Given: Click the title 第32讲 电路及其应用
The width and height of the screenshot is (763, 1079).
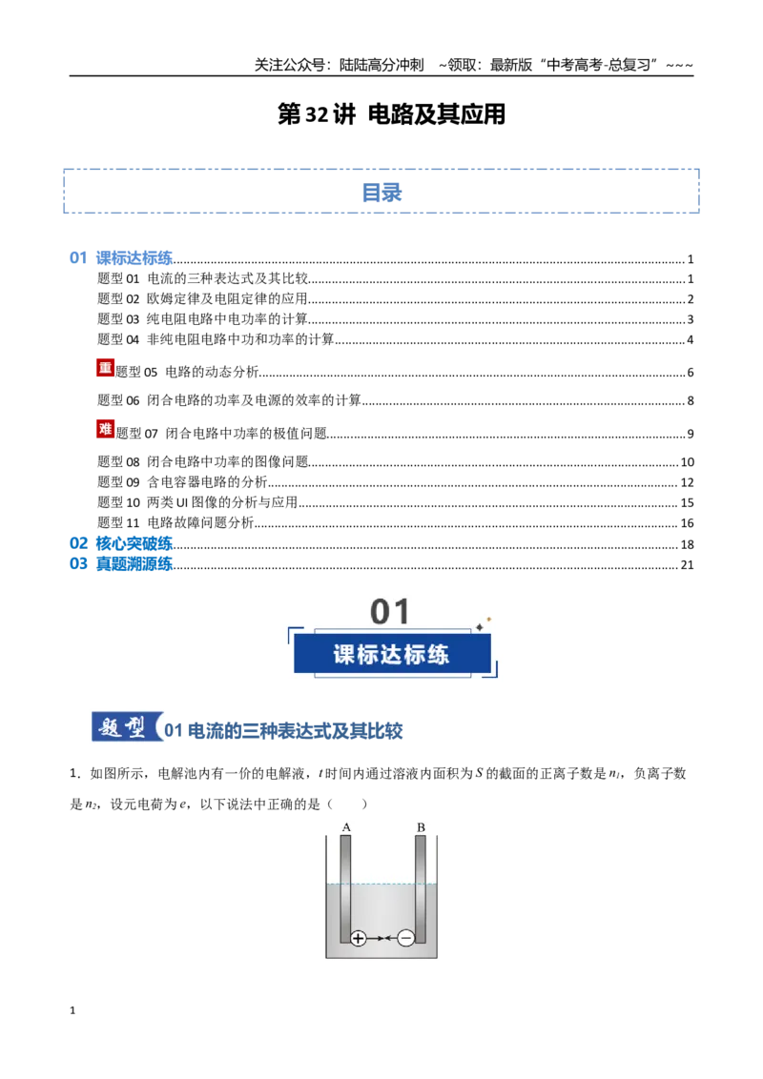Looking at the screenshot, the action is [x=391, y=114].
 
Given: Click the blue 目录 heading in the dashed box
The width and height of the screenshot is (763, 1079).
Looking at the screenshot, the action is [x=381, y=192].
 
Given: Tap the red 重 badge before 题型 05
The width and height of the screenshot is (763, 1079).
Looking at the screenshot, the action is [x=105, y=368].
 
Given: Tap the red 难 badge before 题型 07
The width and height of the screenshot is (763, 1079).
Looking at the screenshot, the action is [x=105, y=429].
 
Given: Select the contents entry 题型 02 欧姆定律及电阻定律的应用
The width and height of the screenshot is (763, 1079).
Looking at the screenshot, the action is [x=202, y=298].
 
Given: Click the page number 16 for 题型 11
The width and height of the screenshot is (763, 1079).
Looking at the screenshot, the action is [x=687, y=523].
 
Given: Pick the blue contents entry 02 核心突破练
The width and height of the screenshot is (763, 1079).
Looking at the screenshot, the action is [x=121, y=543].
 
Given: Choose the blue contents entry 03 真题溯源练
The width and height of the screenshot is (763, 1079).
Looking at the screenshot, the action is [x=121, y=563].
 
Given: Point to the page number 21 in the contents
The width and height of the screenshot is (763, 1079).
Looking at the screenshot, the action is [x=687, y=565].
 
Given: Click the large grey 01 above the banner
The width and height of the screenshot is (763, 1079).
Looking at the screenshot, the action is [x=390, y=611].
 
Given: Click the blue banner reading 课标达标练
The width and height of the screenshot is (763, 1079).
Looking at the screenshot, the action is [x=392, y=654].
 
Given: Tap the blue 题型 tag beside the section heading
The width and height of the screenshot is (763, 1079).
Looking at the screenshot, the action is [x=125, y=726].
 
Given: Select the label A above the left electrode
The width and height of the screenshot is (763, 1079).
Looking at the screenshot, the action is [x=345, y=827].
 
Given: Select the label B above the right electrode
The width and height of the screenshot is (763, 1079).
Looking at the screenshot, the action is [x=421, y=827].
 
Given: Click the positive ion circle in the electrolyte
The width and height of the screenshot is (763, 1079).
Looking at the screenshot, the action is [x=358, y=938].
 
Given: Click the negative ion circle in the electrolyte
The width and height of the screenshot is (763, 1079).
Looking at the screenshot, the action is [x=406, y=938].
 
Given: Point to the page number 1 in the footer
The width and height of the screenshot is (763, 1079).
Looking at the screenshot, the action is [x=72, y=1010].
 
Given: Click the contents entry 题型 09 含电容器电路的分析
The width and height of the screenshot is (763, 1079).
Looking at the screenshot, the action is [x=182, y=481].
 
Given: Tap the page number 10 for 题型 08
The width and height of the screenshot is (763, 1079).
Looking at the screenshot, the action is [x=687, y=461].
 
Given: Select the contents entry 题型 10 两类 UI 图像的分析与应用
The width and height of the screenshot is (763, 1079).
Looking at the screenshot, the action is [x=197, y=502].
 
